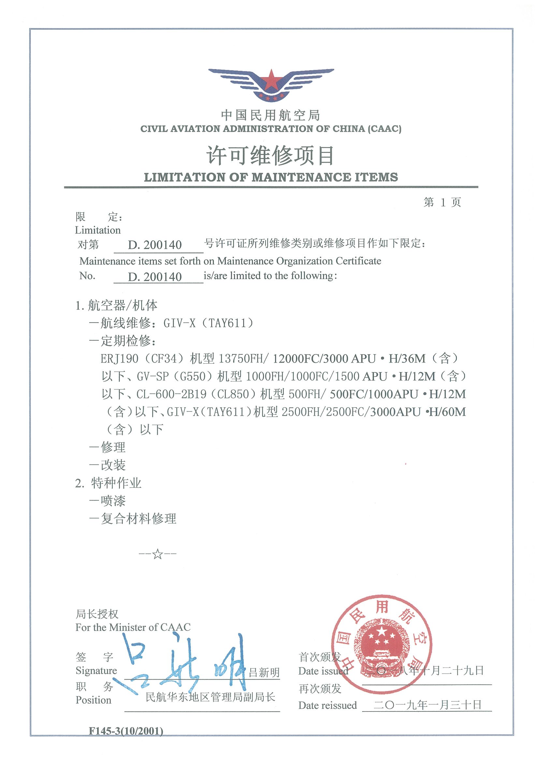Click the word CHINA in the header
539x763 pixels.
point(349,129)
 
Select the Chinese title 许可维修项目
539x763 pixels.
point(270,156)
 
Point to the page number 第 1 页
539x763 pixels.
point(442,202)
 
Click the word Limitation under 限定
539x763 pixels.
point(98,230)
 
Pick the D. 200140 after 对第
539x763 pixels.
point(155,245)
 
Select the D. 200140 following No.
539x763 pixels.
point(155,277)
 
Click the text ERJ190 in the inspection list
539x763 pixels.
point(119,359)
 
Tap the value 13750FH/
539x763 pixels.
point(243,359)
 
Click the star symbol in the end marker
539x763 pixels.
point(158,554)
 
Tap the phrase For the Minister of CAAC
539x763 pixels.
point(133,627)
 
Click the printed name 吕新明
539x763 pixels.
point(264,673)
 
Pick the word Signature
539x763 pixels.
point(96,671)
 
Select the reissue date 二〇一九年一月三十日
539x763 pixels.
point(427,705)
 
